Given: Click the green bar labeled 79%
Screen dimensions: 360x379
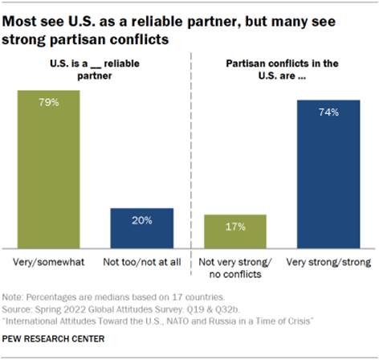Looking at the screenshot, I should coord(48,169).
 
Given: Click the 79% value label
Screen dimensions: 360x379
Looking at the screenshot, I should coord(48,101).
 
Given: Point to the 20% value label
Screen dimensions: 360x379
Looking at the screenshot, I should coord(141,219).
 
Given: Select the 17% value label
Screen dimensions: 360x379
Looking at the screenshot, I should coord(234,226).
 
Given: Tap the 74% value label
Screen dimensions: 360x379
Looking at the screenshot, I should coord(328,111).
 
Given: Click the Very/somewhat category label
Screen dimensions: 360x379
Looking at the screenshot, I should coord(48,263).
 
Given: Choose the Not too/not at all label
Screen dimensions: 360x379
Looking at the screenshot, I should coord(141,263).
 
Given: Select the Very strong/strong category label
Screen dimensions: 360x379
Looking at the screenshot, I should coord(328,263).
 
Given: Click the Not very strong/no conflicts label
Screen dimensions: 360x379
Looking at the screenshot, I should coord(234,268).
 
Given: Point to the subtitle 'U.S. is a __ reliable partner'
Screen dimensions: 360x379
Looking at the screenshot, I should coord(94,68).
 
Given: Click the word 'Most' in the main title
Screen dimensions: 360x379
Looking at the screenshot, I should coord(29,18).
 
